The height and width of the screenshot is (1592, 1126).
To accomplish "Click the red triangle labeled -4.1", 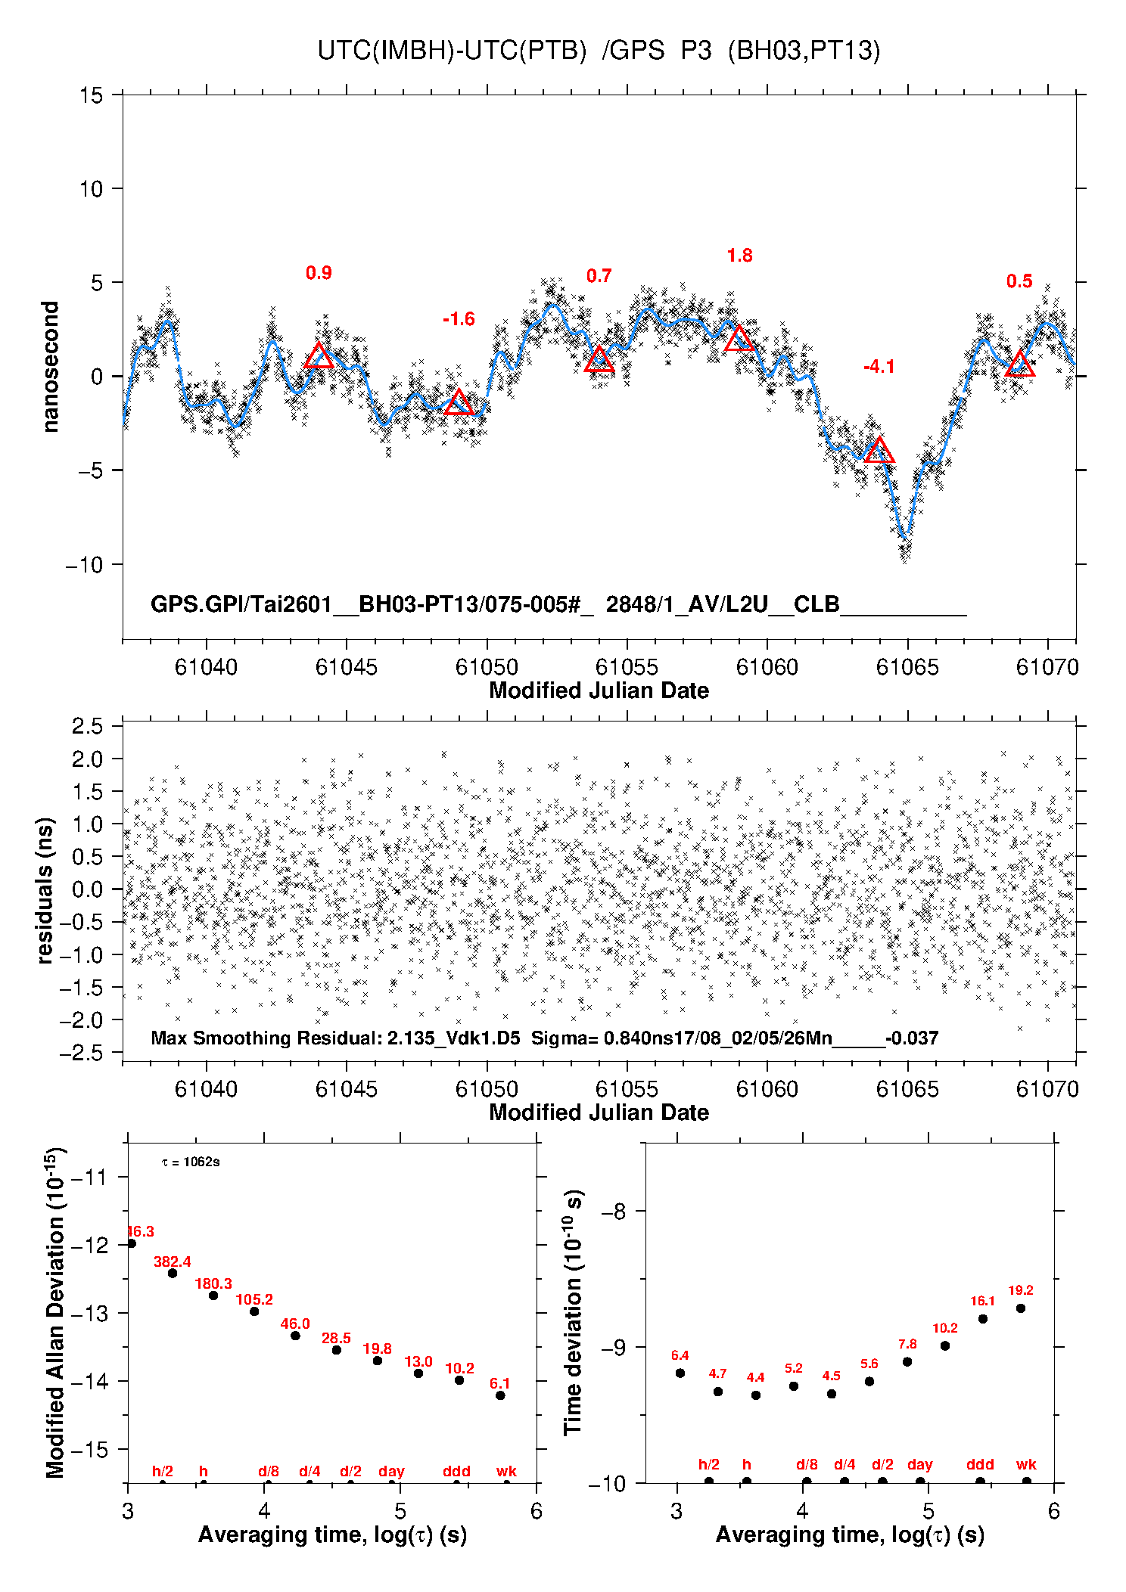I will click(x=879, y=452).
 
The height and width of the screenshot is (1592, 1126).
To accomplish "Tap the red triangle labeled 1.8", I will click(x=739, y=339).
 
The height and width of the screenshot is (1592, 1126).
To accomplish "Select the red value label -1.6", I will click(x=459, y=319).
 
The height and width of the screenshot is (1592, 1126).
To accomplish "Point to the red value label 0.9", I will click(x=319, y=273).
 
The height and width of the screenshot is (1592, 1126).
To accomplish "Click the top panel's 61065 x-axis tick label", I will click(x=907, y=667).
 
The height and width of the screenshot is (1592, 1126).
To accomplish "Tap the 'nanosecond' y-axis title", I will click(x=50, y=367).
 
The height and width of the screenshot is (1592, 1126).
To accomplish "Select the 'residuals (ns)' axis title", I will click(x=45, y=890).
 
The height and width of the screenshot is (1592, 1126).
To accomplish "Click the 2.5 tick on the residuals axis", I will click(x=88, y=727).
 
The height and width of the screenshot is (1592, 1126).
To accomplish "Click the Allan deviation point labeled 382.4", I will click(x=173, y=1273).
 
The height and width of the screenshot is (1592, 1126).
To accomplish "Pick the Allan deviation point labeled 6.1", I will click(x=500, y=1395).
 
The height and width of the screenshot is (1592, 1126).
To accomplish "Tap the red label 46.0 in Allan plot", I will click(x=295, y=1324).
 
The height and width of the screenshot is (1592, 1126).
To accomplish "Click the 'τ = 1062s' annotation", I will click(x=191, y=1162).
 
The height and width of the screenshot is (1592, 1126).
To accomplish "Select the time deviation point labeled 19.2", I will click(x=1021, y=1308).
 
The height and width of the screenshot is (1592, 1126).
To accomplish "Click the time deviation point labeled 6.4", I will click(x=680, y=1373).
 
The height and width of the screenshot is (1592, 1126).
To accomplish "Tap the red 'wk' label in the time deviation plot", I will click(x=1026, y=1465).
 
